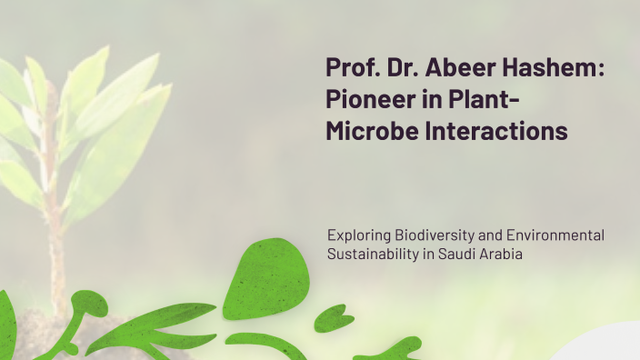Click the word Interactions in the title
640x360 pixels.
(x=497, y=131)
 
